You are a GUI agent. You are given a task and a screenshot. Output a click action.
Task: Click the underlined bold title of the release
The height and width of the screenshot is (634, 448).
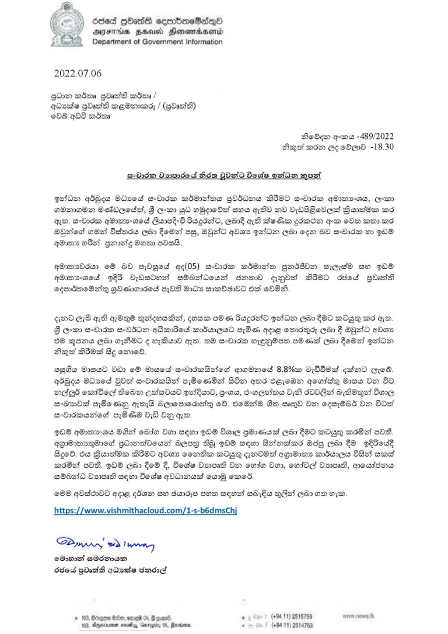tap(225, 175)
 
